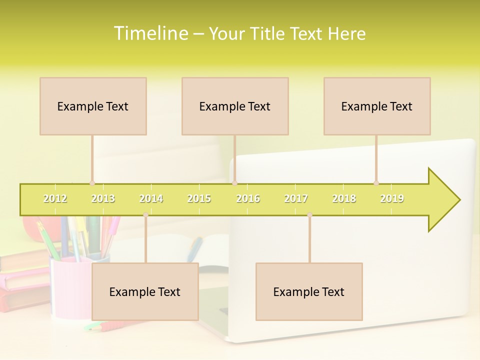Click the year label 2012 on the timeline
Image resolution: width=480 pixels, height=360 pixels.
coord(55,198)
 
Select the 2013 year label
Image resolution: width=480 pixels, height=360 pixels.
coord(103,198)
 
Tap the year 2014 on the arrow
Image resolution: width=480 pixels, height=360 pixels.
coord(151,198)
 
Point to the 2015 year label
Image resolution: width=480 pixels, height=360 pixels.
coord(199,198)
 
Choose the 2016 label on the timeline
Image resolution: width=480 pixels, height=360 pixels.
coord(248,198)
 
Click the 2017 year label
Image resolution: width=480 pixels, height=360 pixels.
coord(296,198)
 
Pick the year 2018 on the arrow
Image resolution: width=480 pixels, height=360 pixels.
coord(344,198)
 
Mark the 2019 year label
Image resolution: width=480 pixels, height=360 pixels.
coord(392,198)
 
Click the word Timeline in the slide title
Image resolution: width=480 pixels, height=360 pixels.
coord(149,33)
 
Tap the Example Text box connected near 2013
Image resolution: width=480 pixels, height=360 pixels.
coord(93,106)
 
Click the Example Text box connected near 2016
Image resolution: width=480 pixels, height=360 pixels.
coord(235,106)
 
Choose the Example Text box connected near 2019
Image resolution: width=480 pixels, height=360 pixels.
coord(377,106)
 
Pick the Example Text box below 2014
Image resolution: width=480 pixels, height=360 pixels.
coord(145,291)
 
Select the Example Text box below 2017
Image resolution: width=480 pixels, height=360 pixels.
coord(309,291)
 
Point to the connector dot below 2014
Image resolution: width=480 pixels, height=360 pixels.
coord(145,215)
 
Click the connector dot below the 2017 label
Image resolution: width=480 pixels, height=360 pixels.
coord(309,215)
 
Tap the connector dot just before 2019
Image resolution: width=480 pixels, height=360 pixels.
coord(376,183)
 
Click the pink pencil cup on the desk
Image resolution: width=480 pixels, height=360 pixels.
coord(70,287)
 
